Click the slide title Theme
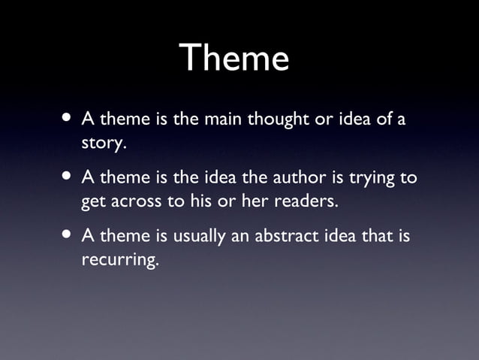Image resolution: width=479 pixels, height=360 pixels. tap(234, 58)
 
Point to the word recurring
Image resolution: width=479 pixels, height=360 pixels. tap(119, 261)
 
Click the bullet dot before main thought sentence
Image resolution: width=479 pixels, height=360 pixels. tap(68, 118)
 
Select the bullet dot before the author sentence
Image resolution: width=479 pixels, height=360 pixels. tap(68, 177)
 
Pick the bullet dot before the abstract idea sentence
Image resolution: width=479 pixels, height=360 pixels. tap(68, 236)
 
